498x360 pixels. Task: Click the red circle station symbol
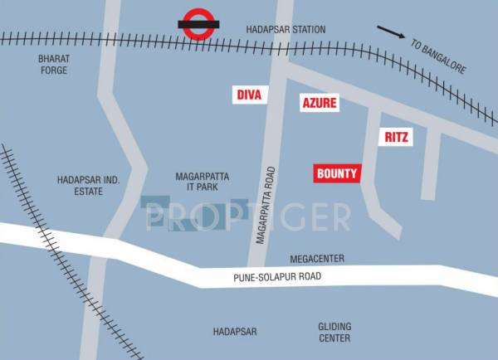(198, 25)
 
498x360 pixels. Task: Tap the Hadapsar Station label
(286, 30)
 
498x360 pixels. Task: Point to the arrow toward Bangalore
(391, 32)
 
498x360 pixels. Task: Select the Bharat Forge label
(52, 65)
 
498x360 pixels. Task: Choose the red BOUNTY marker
(337, 173)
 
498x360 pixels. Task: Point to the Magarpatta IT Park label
(202, 182)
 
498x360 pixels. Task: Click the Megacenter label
(317, 259)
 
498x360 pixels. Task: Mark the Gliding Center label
(334, 332)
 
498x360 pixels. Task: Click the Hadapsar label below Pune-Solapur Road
(235, 332)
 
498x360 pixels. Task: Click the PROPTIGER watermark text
(247, 217)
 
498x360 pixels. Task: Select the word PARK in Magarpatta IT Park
(213, 188)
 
